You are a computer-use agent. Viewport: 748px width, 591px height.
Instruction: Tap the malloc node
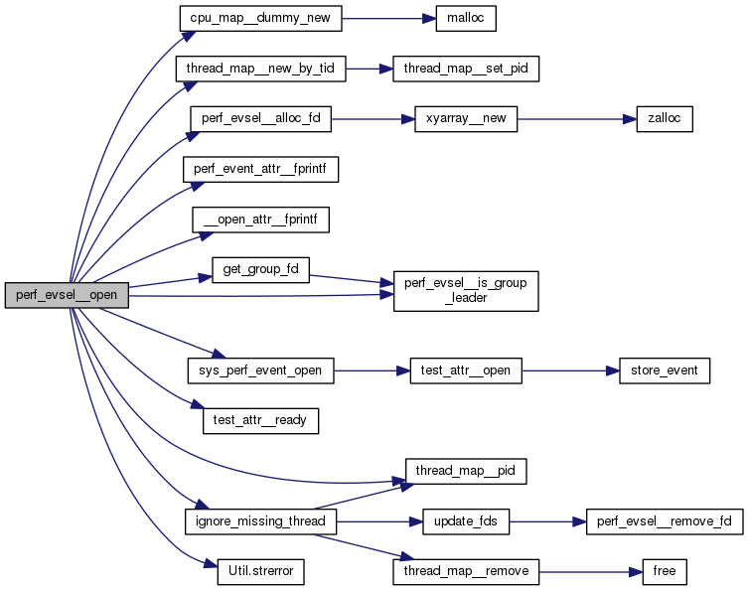tap(465, 18)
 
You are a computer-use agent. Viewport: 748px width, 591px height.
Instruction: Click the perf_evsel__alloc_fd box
tap(260, 118)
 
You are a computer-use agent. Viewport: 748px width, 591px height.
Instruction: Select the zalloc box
tap(657, 118)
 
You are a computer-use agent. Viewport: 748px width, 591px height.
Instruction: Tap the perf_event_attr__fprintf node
tap(261, 169)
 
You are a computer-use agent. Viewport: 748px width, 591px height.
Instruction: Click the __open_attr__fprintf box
tap(260, 220)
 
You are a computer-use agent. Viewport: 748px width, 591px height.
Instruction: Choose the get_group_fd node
tap(260, 270)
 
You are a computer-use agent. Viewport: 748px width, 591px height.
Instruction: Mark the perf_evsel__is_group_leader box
tap(466, 289)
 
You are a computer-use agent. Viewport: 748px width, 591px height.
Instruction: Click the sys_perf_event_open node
tap(260, 370)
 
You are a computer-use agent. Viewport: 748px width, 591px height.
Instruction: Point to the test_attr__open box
tap(467, 370)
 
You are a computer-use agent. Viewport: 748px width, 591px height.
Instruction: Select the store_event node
tap(665, 370)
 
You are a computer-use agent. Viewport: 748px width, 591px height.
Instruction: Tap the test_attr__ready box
tap(260, 421)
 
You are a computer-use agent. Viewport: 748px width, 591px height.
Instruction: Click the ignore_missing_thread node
tap(261, 520)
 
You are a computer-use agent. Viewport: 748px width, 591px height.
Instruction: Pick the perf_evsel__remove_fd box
tap(664, 520)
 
